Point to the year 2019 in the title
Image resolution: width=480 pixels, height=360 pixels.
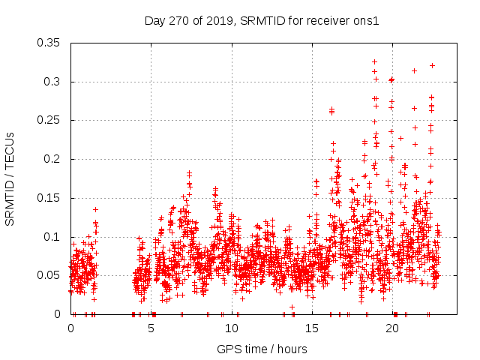pos(219,21)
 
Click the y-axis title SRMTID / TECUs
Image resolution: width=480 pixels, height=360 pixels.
pos(10,178)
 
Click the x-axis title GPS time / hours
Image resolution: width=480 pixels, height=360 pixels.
pos(262,349)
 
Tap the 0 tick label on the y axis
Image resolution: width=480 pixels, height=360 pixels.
pos(58,314)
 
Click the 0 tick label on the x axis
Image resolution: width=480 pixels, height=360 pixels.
pos(70,328)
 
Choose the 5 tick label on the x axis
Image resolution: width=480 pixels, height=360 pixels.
pos(151,328)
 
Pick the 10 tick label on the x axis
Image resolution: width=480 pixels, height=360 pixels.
pos(231,328)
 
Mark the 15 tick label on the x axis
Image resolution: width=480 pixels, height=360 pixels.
pos(311,328)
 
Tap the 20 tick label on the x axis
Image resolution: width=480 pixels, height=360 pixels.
pos(391,328)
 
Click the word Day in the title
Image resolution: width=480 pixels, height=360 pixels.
pos(154,21)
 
